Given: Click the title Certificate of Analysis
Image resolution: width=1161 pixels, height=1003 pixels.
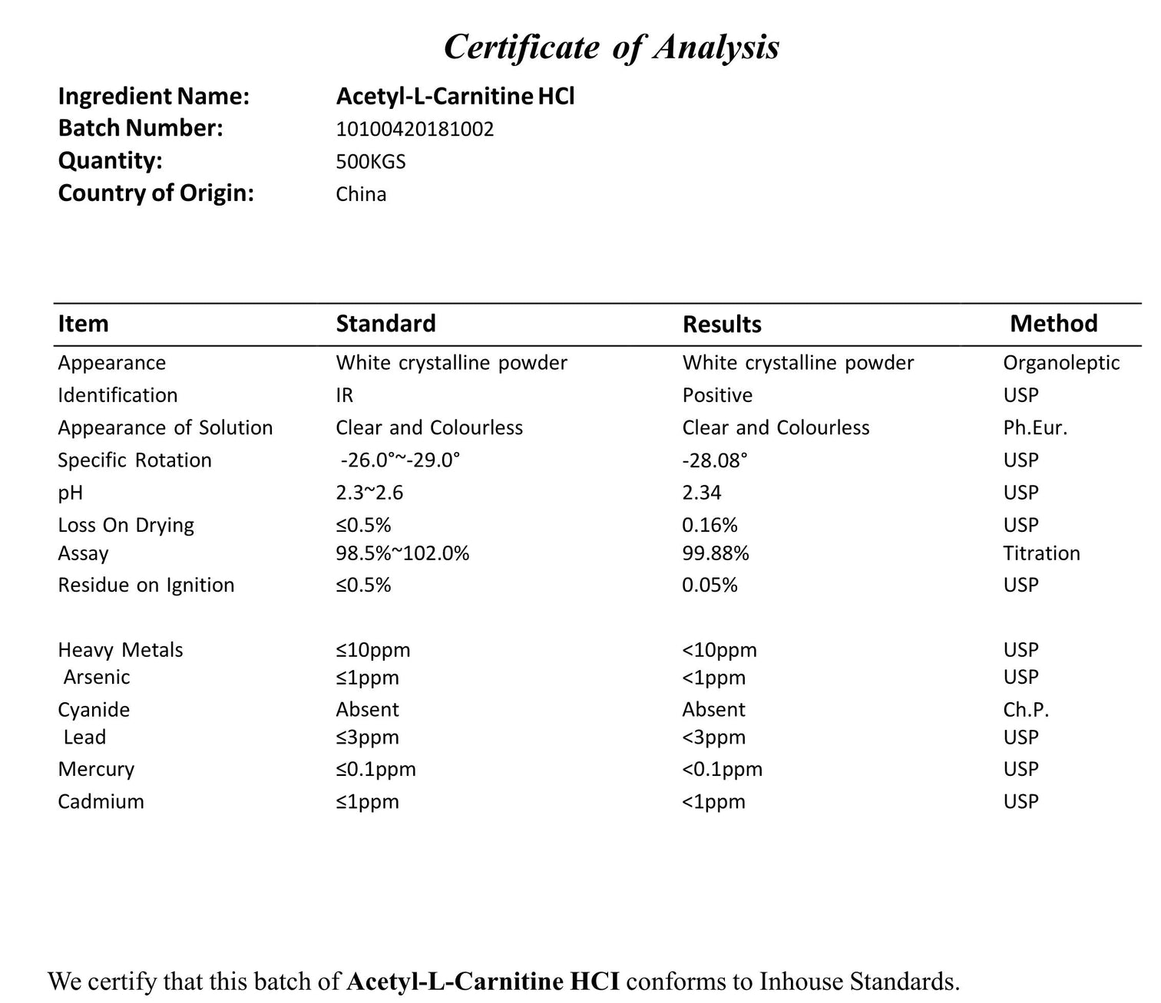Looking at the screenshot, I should click(611, 47).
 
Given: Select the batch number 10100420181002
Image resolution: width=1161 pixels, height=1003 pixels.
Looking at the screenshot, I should click(415, 129).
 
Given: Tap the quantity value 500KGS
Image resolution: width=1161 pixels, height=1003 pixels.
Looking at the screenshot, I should click(371, 162).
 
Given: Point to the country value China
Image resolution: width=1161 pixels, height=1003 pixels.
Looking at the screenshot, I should click(361, 194).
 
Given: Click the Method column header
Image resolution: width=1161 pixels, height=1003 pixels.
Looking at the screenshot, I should click(1053, 324).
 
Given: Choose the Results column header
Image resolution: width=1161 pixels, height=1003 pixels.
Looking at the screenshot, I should click(722, 325).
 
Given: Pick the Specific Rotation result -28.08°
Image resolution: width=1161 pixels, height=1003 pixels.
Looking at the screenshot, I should click(715, 460).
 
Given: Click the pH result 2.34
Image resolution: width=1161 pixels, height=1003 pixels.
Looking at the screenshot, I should click(702, 493).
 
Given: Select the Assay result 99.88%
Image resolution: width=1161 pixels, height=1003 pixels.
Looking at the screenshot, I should click(716, 553).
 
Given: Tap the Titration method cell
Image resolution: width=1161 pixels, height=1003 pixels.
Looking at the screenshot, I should click(1041, 553).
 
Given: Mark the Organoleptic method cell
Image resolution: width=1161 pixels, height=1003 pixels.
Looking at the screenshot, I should click(1061, 363).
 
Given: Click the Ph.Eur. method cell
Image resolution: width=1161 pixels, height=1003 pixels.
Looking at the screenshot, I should click(1035, 428).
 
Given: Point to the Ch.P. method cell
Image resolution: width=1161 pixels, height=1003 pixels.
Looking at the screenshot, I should click(1026, 710).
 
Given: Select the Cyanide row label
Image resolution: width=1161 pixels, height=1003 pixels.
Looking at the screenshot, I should click(94, 710).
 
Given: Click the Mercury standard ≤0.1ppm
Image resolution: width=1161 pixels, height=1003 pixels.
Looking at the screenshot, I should click(375, 770).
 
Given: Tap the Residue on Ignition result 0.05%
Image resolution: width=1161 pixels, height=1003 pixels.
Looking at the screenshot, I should click(709, 586).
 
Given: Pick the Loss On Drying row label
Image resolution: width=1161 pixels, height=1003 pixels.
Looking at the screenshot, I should click(126, 526).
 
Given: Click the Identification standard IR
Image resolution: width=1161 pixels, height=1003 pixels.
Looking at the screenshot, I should click(345, 395).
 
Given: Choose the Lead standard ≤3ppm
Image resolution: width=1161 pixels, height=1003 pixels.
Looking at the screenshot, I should click(367, 737).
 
